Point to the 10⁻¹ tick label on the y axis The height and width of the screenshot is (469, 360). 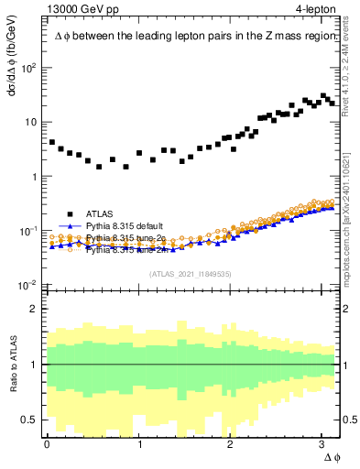(30, 231)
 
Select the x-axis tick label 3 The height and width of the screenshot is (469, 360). (323, 444)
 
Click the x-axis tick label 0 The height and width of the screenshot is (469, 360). (47, 444)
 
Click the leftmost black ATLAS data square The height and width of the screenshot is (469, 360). (51, 143)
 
